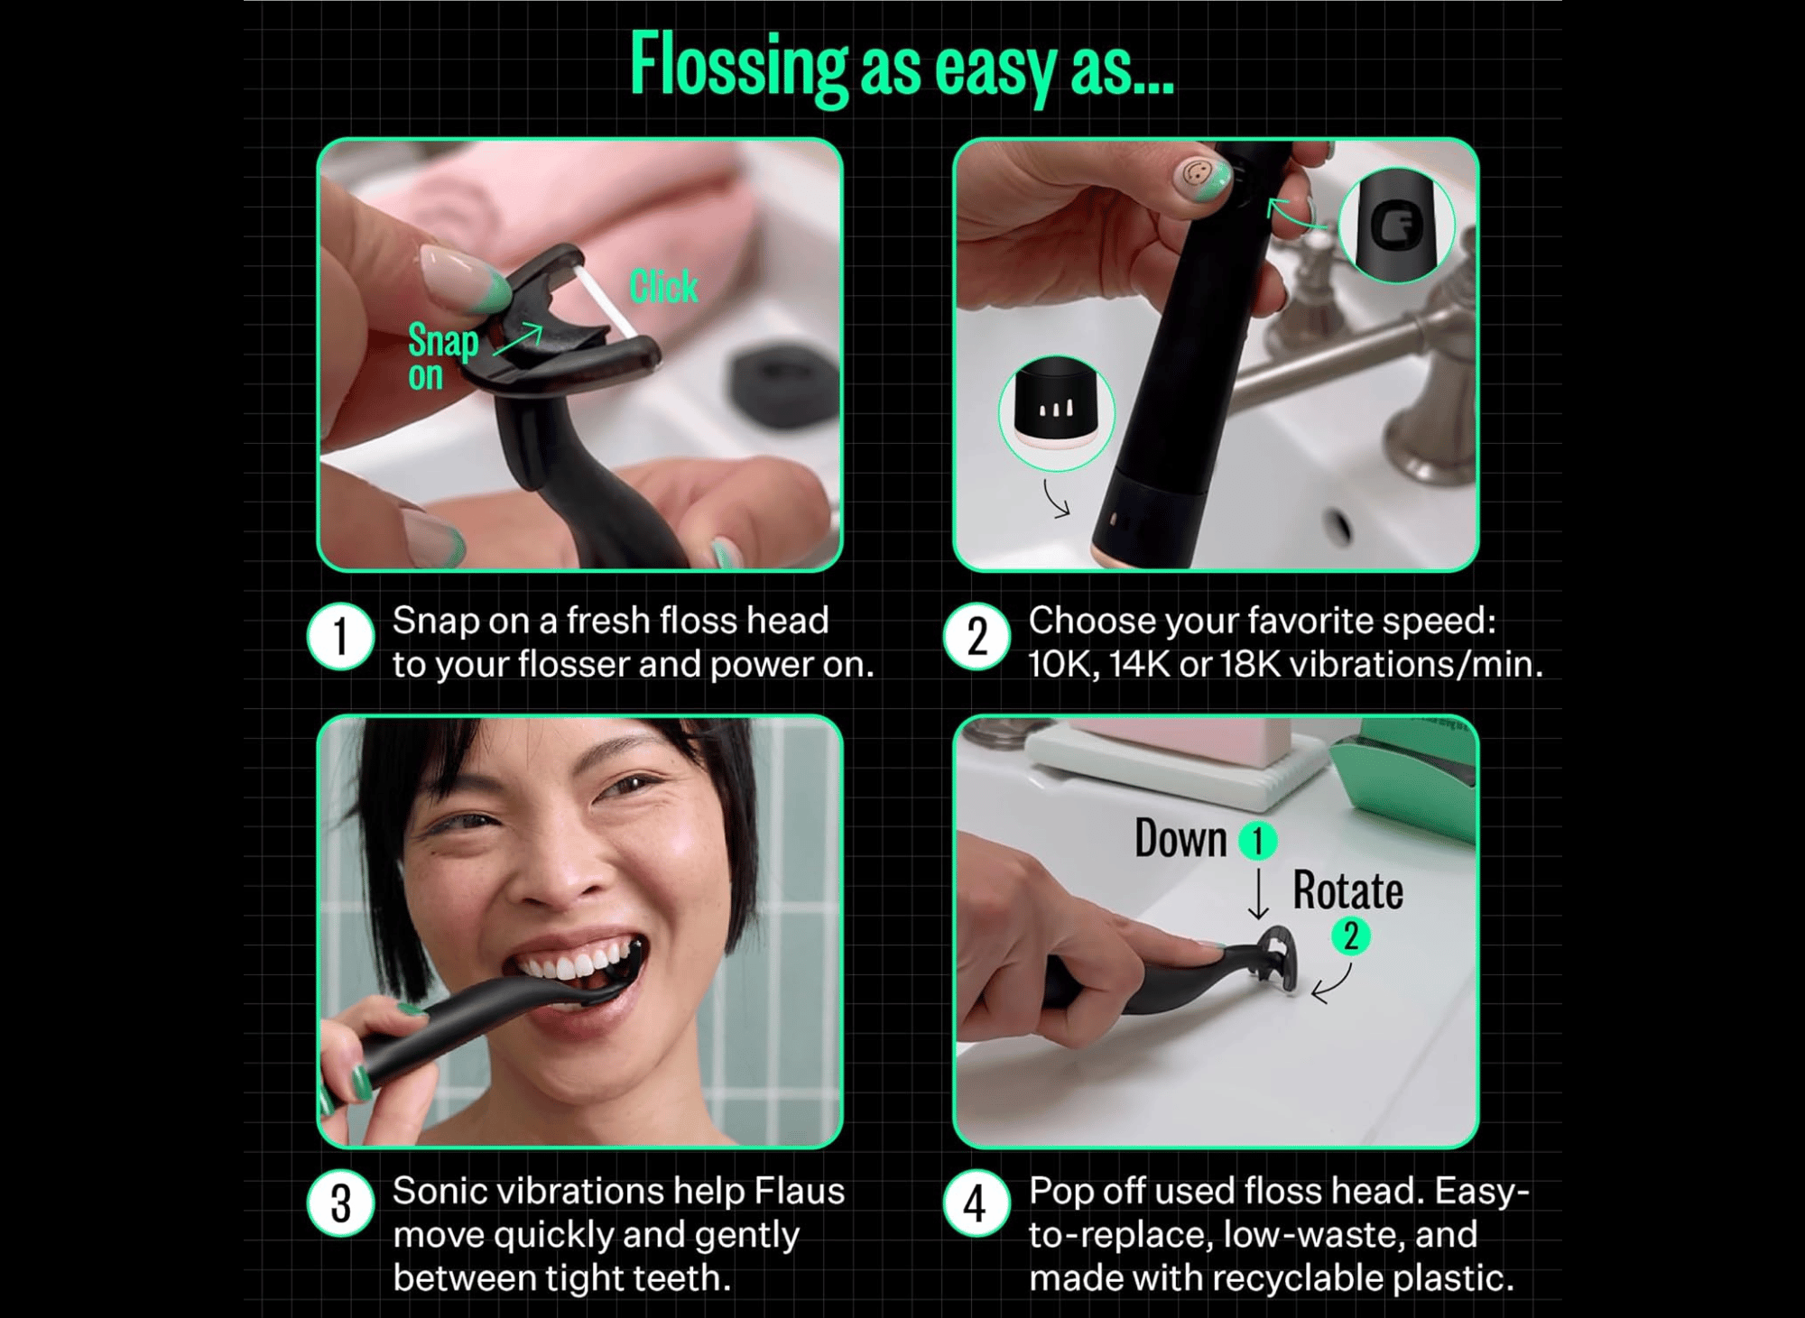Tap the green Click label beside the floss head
click(x=663, y=287)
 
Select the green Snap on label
click(x=443, y=357)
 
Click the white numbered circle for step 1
click(x=341, y=636)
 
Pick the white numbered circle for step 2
click(x=977, y=636)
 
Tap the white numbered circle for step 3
click(x=341, y=1203)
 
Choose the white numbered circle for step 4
click(x=977, y=1203)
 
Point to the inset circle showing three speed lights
click(x=1057, y=413)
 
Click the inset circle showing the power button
click(x=1396, y=225)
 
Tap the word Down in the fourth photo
click(x=1180, y=839)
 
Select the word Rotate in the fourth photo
click(x=1348, y=891)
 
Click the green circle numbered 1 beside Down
click(x=1258, y=841)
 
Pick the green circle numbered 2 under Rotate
click(x=1351, y=936)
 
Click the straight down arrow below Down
click(x=1258, y=894)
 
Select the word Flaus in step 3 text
click(x=799, y=1192)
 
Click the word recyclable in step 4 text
click(x=1297, y=1278)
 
